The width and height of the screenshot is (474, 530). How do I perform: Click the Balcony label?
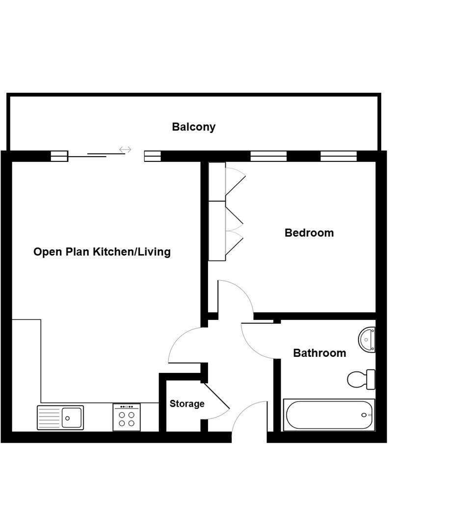tap(193, 127)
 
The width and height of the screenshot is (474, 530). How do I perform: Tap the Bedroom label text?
tap(309, 233)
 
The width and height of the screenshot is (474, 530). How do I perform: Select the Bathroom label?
tap(319, 353)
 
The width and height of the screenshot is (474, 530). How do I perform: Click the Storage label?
tap(187, 404)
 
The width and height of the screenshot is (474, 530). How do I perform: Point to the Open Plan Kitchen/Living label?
tap(102, 252)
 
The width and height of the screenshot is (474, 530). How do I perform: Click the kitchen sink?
tap(60, 418)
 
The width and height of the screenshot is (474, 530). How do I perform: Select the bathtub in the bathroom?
tap(329, 415)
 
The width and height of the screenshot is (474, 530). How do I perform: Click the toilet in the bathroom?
tap(360, 379)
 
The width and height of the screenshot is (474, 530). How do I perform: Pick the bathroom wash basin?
tap(367, 339)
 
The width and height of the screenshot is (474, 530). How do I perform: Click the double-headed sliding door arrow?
tap(125, 150)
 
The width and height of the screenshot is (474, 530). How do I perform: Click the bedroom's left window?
tap(268, 156)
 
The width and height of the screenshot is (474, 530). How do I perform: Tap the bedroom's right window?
tap(339, 156)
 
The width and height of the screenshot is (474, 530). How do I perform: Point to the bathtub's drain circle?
tap(364, 415)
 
